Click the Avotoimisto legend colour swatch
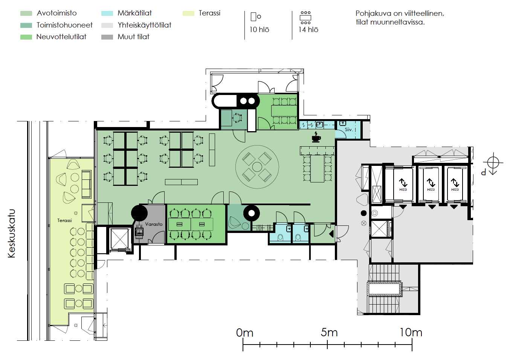click(x=26, y=13)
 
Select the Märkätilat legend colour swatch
click(x=107, y=13)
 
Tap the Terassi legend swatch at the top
click(x=188, y=13)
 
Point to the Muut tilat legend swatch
click(x=107, y=37)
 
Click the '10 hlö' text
click(x=259, y=30)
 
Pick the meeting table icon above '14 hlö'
click(x=305, y=18)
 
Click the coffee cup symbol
click(x=316, y=137)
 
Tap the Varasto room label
click(x=154, y=224)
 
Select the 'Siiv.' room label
click(x=348, y=130)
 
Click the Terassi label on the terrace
click(x=64, y=220)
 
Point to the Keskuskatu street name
click(x=12, y=233)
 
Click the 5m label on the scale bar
click(x=329, y=332)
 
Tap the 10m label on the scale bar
click(x=411, y=332)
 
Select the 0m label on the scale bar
click(x=244, y=332)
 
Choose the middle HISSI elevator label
click(x=431, y=190)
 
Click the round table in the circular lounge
click(x=257, y=167)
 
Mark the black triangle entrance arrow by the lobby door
click(x=331, y=234)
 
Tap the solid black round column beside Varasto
click(x=139, y=213)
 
